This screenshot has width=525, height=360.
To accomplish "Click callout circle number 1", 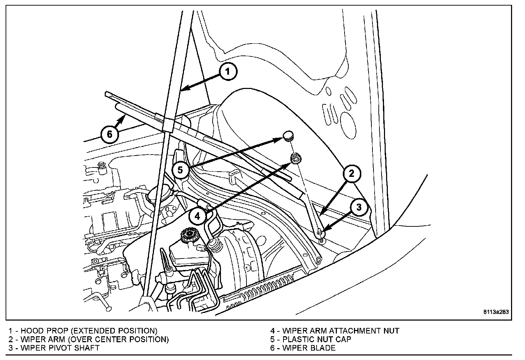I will tap(227, 72).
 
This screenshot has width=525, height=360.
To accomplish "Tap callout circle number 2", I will tap(352, 173).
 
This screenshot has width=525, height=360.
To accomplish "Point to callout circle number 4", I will tap(198, 216).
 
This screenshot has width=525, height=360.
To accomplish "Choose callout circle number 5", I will tap(180, 170).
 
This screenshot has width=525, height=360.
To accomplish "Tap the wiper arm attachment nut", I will tap(294, 159).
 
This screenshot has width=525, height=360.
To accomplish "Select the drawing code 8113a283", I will tap(496, 312).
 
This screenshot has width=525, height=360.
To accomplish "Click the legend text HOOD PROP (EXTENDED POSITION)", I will tap(89, 331).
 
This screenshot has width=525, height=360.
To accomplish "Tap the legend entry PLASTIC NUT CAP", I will tap(316, 339).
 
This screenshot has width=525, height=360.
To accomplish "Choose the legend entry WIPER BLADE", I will tap(309, 348).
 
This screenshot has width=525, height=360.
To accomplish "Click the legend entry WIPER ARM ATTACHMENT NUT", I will tap(340, 331).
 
